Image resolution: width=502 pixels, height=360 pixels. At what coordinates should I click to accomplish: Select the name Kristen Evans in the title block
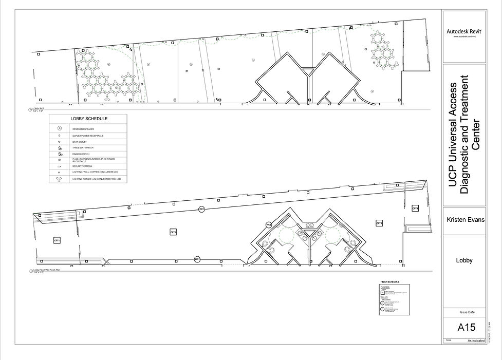pos(463,220)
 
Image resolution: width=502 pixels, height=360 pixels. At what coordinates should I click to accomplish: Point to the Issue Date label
pos(463,312)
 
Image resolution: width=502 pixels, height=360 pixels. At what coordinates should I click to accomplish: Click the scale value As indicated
pos(476,340)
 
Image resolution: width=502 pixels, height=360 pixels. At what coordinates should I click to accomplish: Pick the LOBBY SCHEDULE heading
pos(89,119)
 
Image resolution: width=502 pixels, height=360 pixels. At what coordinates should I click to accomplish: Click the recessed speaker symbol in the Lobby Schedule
pos(60,128)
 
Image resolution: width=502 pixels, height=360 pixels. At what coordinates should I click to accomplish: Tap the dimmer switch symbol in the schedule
pos(60,154)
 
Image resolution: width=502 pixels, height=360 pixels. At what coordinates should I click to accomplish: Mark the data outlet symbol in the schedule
pos(60,141)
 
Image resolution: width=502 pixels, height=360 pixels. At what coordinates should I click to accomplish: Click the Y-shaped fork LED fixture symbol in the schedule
pos(60,179)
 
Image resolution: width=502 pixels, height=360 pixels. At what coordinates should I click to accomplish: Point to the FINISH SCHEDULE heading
pos(389,282)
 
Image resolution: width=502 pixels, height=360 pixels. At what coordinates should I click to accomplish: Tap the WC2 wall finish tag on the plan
pos(268,225)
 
